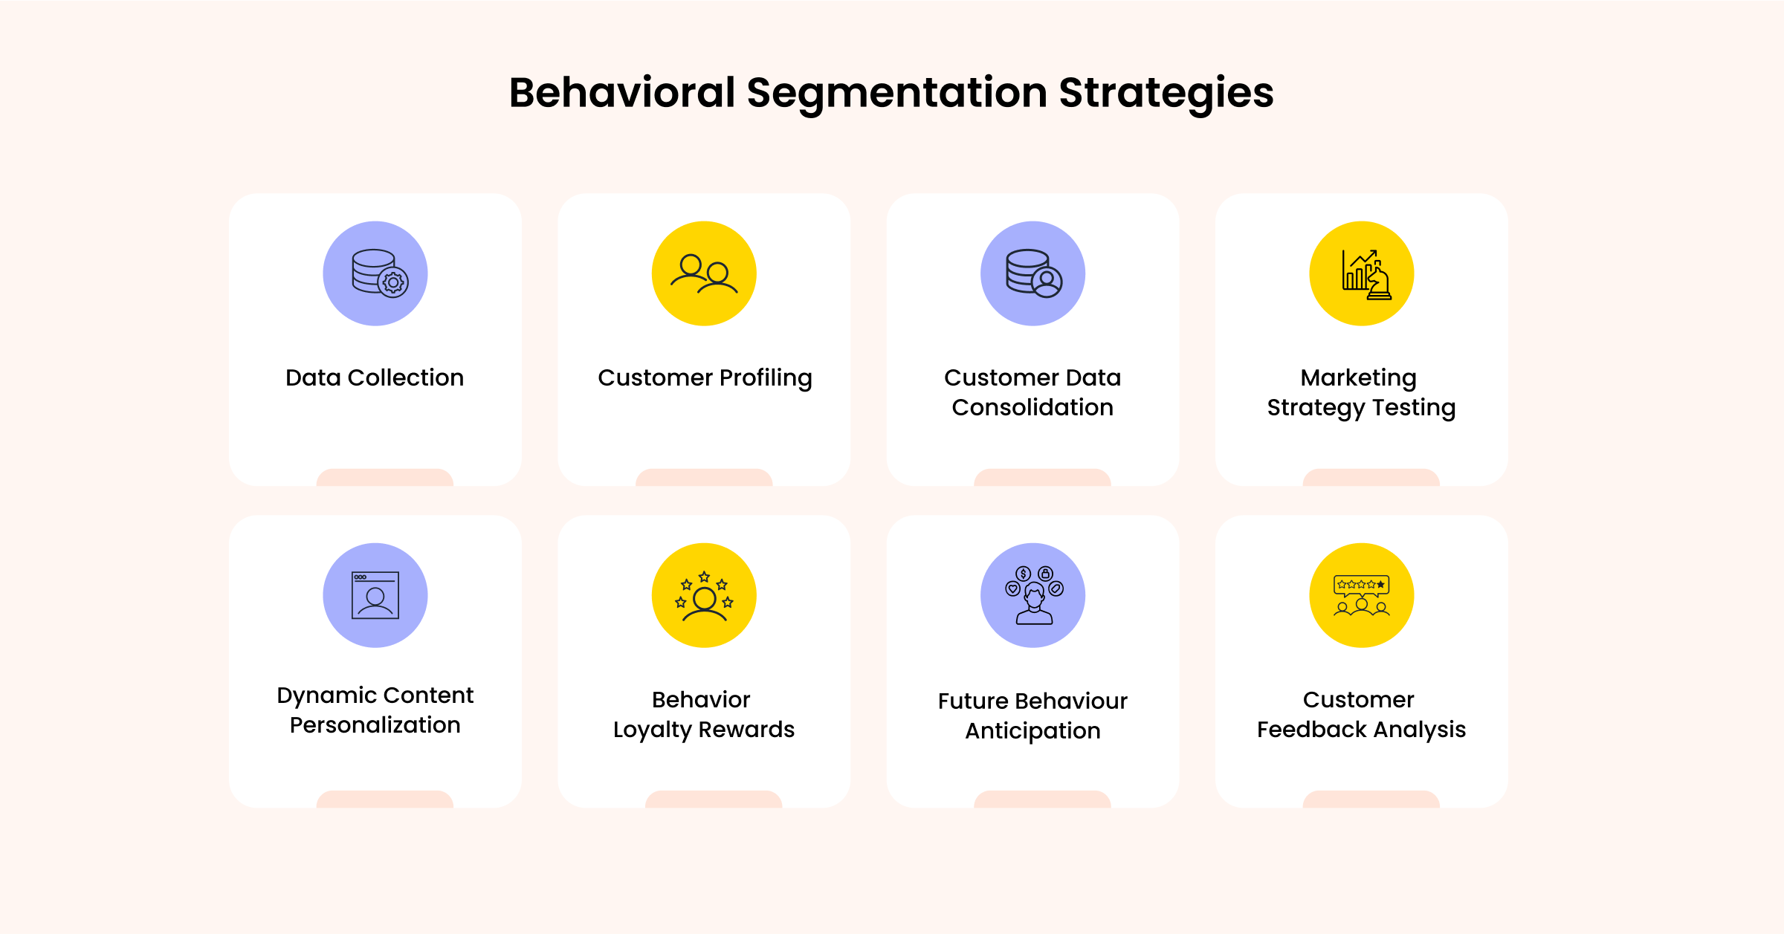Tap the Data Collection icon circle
tap(375, 273)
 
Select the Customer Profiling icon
tap(704, 273)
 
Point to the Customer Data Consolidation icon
tap(1032, 273)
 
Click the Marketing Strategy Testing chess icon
tap(1362, 273)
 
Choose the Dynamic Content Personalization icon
tap(375, 595)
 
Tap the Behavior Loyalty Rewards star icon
tap(704, 595)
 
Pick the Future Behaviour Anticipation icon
tap(1032, 595)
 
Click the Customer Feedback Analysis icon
tap(1362, 595)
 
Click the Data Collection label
tap(375, 377)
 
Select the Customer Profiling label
tap(705, 377)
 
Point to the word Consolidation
tap(1032, 407)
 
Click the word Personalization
tap(375, 724)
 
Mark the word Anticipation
tap(1032, 731)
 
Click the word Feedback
tap(1312, 730)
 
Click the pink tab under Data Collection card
tap(385, 478)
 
